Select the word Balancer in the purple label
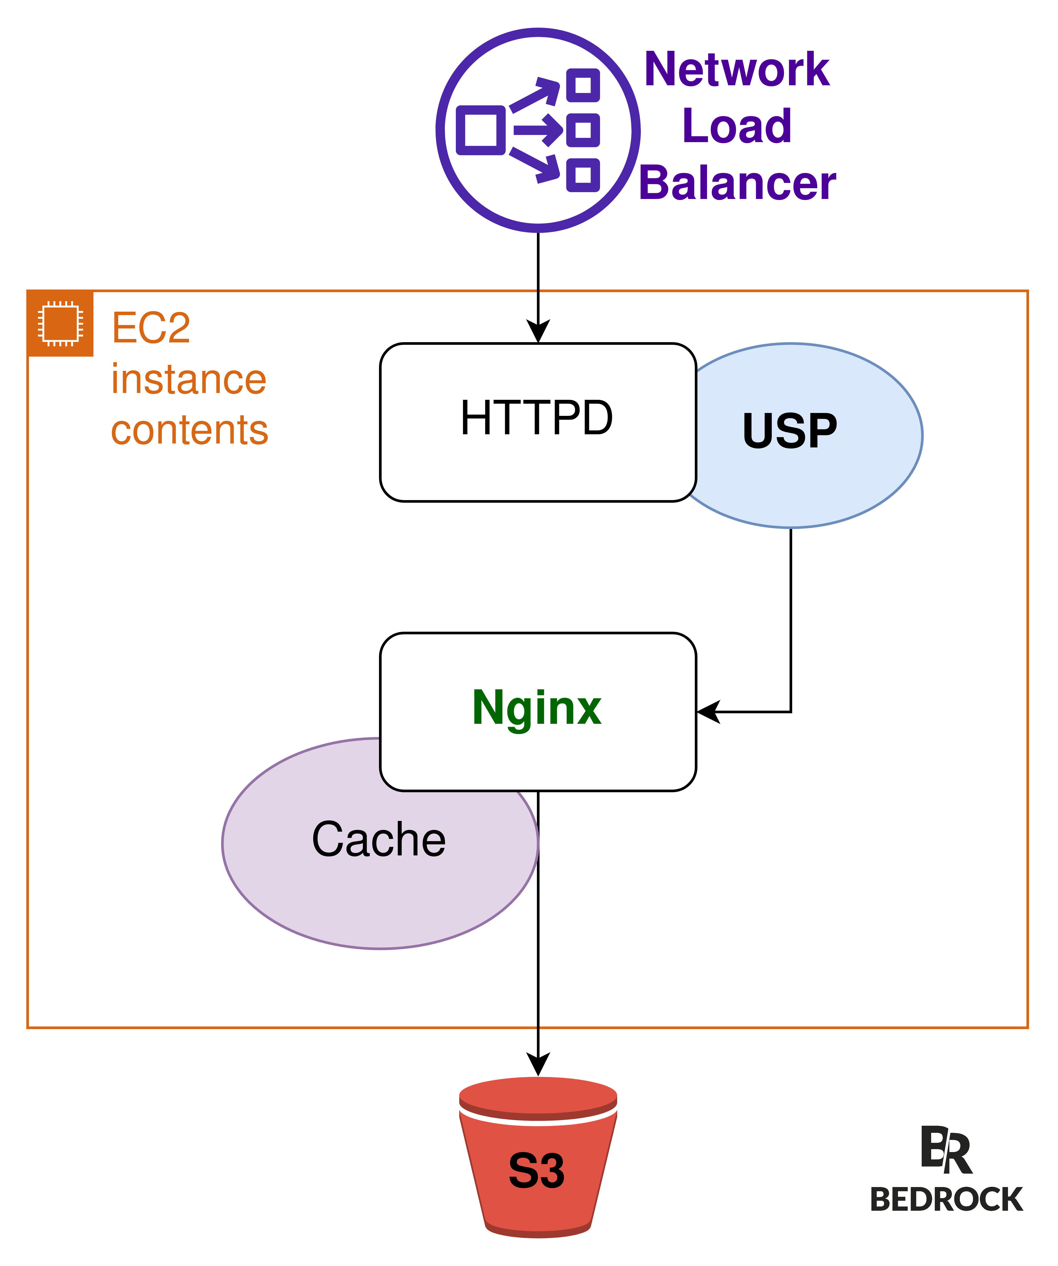[x=737, y=183]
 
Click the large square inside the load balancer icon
[x=481, y=130]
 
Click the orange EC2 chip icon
[x=60, y=324]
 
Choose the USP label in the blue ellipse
[x=790, y=432]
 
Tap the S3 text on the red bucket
[x=537, y=1171]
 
